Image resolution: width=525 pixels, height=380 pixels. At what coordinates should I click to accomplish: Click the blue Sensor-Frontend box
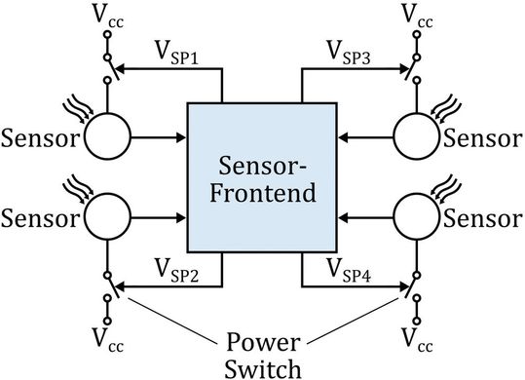coord(262,179)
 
